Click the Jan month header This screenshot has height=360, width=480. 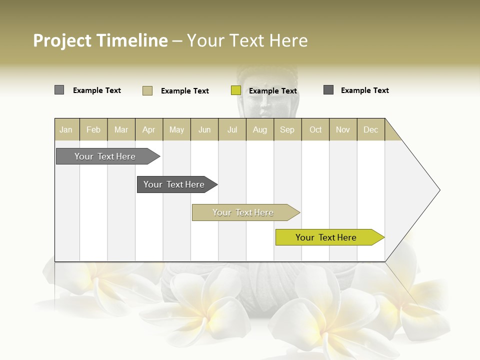click(x=66, y=129)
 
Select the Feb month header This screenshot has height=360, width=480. click(x=93, y=129)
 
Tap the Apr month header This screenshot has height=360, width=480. click(x=149, y=129)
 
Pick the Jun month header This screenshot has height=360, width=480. click(x=204, y=129)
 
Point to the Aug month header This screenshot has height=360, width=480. click(x=260, y=129)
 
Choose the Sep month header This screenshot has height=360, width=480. click(x=287, y=129)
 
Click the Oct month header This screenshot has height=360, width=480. click(x=315, y=129)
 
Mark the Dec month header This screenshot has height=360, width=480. click(x=371, y=129)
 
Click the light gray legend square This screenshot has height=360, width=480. click(x=59, y=90)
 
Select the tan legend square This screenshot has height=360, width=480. click(x=147, y=90)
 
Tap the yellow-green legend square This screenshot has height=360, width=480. click(x=236, y=90)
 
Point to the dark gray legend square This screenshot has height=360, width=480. click(x=328, y=90)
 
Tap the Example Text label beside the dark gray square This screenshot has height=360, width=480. click(x=364, y=90)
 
